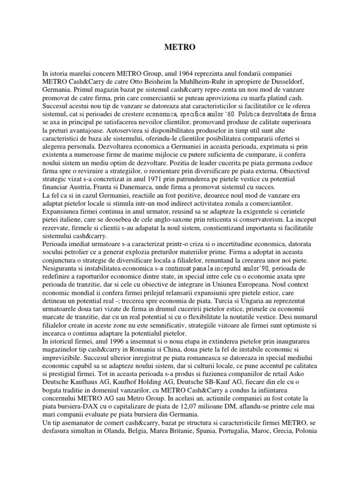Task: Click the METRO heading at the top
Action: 180,47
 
